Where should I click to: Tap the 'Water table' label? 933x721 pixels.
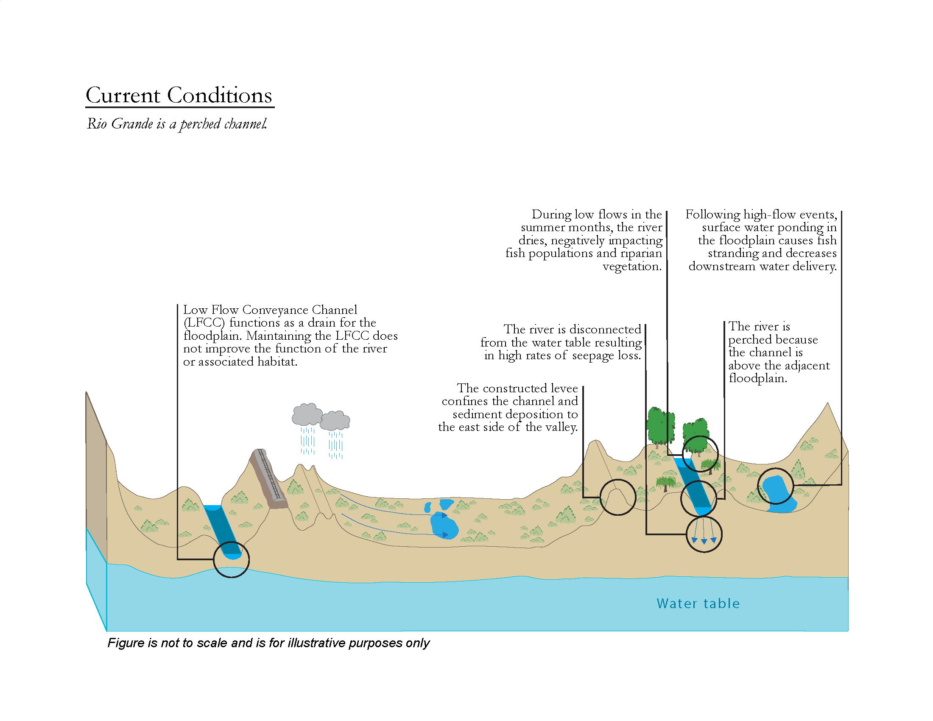click(x=698, y=603)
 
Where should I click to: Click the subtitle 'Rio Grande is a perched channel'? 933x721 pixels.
click(x=177, y=124)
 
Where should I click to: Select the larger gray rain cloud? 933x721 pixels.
click(x=307, y=414)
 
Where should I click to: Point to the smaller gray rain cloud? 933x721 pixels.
click(x=335, y=420)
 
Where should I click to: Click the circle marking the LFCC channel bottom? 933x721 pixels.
click(x=231, y=559)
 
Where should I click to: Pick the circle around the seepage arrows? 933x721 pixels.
click(x=704, y=534)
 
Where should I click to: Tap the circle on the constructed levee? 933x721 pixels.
click(x=617, y=497)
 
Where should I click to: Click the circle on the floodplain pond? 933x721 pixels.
click(x=775, y=486)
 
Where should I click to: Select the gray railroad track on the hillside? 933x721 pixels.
click(x=268, y=478)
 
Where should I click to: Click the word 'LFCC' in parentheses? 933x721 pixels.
click(x=204, y=323)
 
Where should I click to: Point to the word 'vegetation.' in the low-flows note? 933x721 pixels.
click(x=632, y=266)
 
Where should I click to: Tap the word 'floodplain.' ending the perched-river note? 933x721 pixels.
click(x=757, y=378)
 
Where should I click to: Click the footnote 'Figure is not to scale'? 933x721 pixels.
click(x=268, y=643)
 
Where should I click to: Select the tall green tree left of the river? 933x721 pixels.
click(x=660, y=426)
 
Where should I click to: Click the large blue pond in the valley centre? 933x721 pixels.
click(x=444, y=525)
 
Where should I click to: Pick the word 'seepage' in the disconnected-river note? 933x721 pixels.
click(x=590, y=356)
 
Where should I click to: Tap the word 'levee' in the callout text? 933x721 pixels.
click(x=561, y=388)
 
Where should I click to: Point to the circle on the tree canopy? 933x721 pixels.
click(x=700, y=454)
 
